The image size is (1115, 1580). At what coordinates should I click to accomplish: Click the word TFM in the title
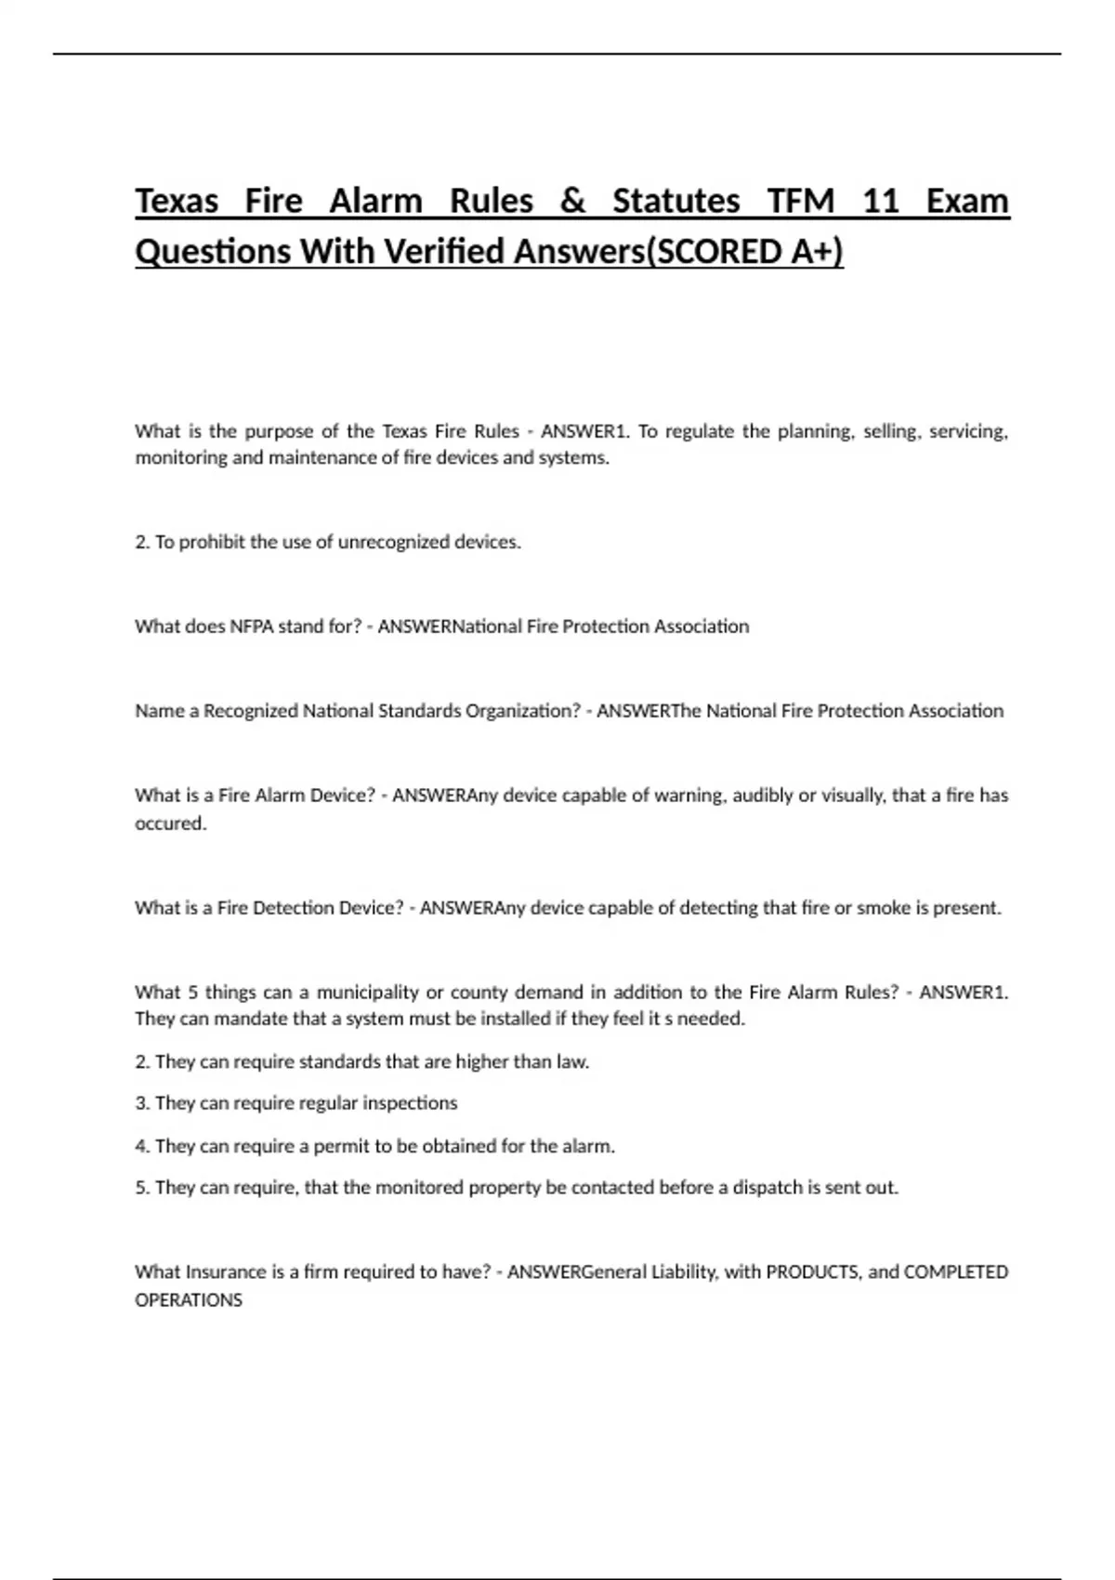(x=801, y=201)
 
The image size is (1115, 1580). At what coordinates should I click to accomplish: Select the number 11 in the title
(x=881, y=201)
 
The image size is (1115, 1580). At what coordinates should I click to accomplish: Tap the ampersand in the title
(x=572, y=201)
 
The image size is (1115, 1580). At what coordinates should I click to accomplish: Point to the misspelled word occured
(x=170, y=823)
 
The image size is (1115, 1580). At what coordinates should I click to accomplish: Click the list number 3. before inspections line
(x=142, y=1103)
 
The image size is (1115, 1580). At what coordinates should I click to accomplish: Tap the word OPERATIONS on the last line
(x=189, y=1300)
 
